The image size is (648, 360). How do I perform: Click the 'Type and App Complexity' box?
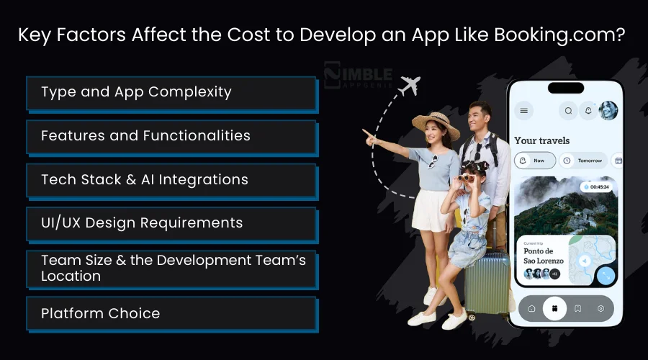(171, 92)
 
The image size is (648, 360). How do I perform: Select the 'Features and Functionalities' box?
(171, 135)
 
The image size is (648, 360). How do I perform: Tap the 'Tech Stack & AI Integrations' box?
(171, 179)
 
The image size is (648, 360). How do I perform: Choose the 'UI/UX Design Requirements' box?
(171, 222)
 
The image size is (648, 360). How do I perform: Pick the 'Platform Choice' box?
(171, 313)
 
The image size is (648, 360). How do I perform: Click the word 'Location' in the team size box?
(71, 276)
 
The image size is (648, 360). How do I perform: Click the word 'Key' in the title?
(35, 35)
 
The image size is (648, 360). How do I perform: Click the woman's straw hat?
(436, 124)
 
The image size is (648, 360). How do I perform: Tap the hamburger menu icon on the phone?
(524, 111)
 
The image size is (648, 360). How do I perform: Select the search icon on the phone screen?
(568, 111)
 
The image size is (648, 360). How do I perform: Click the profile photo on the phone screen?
(608, 110)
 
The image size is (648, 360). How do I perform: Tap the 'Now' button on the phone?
(535, 161)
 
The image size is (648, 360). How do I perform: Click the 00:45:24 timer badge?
(597, 187)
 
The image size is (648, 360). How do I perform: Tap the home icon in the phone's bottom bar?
(531, 308)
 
